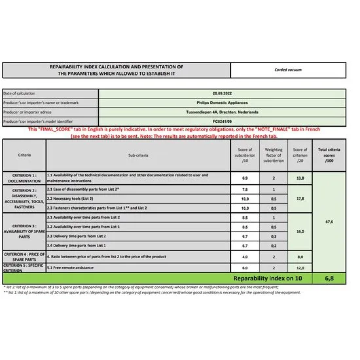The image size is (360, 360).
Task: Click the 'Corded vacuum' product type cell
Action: [x=288, y=70]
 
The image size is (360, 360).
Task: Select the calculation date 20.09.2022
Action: [x=222, y=93]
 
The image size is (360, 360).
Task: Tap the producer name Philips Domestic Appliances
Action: [x=222, y=103]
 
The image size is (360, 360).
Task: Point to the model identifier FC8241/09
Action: [x=222, y=121]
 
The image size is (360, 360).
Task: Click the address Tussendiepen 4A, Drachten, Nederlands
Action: [x=222, y=112]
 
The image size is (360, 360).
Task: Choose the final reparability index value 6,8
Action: [x=329, y=278]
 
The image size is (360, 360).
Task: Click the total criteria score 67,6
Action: [x=329, y=222]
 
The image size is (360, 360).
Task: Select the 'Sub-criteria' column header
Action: [x=138, y=155]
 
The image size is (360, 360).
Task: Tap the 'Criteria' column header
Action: [x=24, y=155]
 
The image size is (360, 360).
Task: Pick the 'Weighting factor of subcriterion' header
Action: [x=273, y=155]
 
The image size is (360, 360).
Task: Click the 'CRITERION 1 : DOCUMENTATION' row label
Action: [x=24, y=178]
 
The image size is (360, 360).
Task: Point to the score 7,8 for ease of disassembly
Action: [x=245, y=190]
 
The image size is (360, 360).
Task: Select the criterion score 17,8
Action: [x=300, y=199]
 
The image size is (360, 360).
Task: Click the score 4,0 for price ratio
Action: [x=245, y=257]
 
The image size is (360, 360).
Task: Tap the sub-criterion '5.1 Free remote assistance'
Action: [x=70, y=268]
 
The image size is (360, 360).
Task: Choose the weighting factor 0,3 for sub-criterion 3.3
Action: [x=273, y=237]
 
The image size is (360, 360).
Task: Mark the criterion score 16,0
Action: [x=300, y=232]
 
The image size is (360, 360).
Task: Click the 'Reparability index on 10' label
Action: [x=267, y=278]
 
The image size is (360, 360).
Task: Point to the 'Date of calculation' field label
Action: [x=19, y=93]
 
